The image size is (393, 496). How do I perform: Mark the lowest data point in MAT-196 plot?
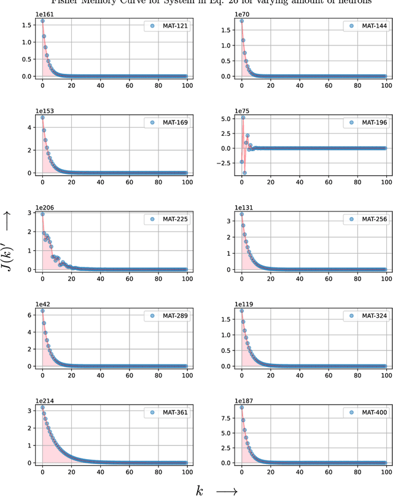click(244, 173)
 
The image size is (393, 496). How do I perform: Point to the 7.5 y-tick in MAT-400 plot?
click(227, 419)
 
